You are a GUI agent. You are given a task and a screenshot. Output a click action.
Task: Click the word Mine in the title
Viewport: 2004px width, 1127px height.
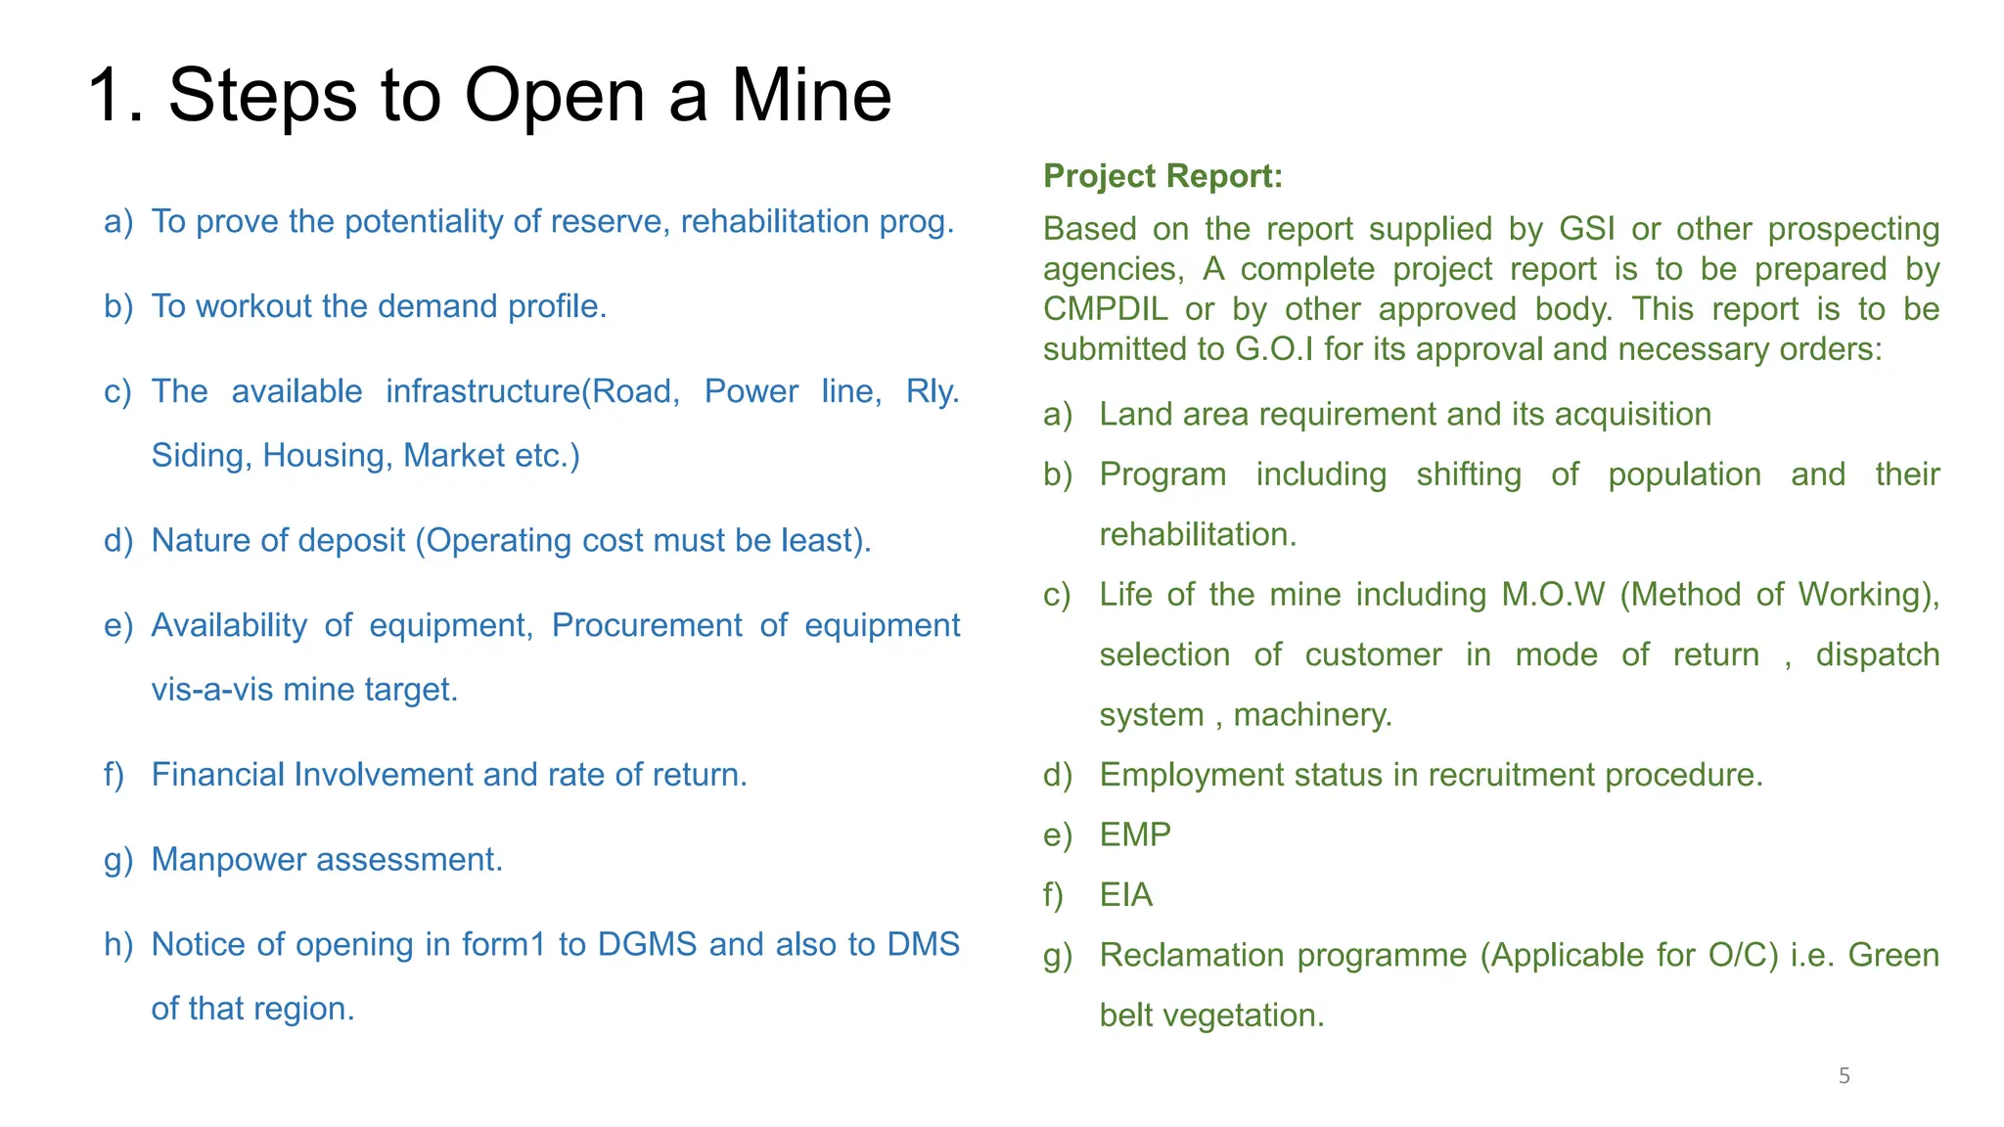point(811,95)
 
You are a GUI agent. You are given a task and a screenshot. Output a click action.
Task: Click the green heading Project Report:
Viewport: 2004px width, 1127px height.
point(1162,176)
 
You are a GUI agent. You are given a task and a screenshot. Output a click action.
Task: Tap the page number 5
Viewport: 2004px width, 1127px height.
point(1844,1076)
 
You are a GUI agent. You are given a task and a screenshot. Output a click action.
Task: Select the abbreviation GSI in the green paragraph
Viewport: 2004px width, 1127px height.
point(1586,229)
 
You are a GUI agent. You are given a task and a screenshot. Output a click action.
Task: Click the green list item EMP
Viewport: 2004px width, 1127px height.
point(1135,834)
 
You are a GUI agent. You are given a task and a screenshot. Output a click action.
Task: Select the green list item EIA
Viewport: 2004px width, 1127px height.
point(1125,895)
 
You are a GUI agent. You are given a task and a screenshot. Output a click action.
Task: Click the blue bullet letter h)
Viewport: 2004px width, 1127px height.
point(117,944)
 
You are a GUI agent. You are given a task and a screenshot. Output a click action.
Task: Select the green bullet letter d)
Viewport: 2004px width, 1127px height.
point(1058,775)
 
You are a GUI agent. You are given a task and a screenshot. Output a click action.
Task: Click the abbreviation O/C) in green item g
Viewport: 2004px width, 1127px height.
point(1743,955)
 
